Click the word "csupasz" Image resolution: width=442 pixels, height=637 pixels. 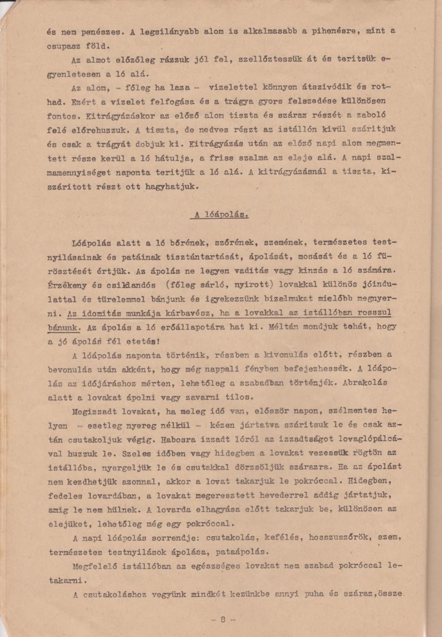point(64,45)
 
